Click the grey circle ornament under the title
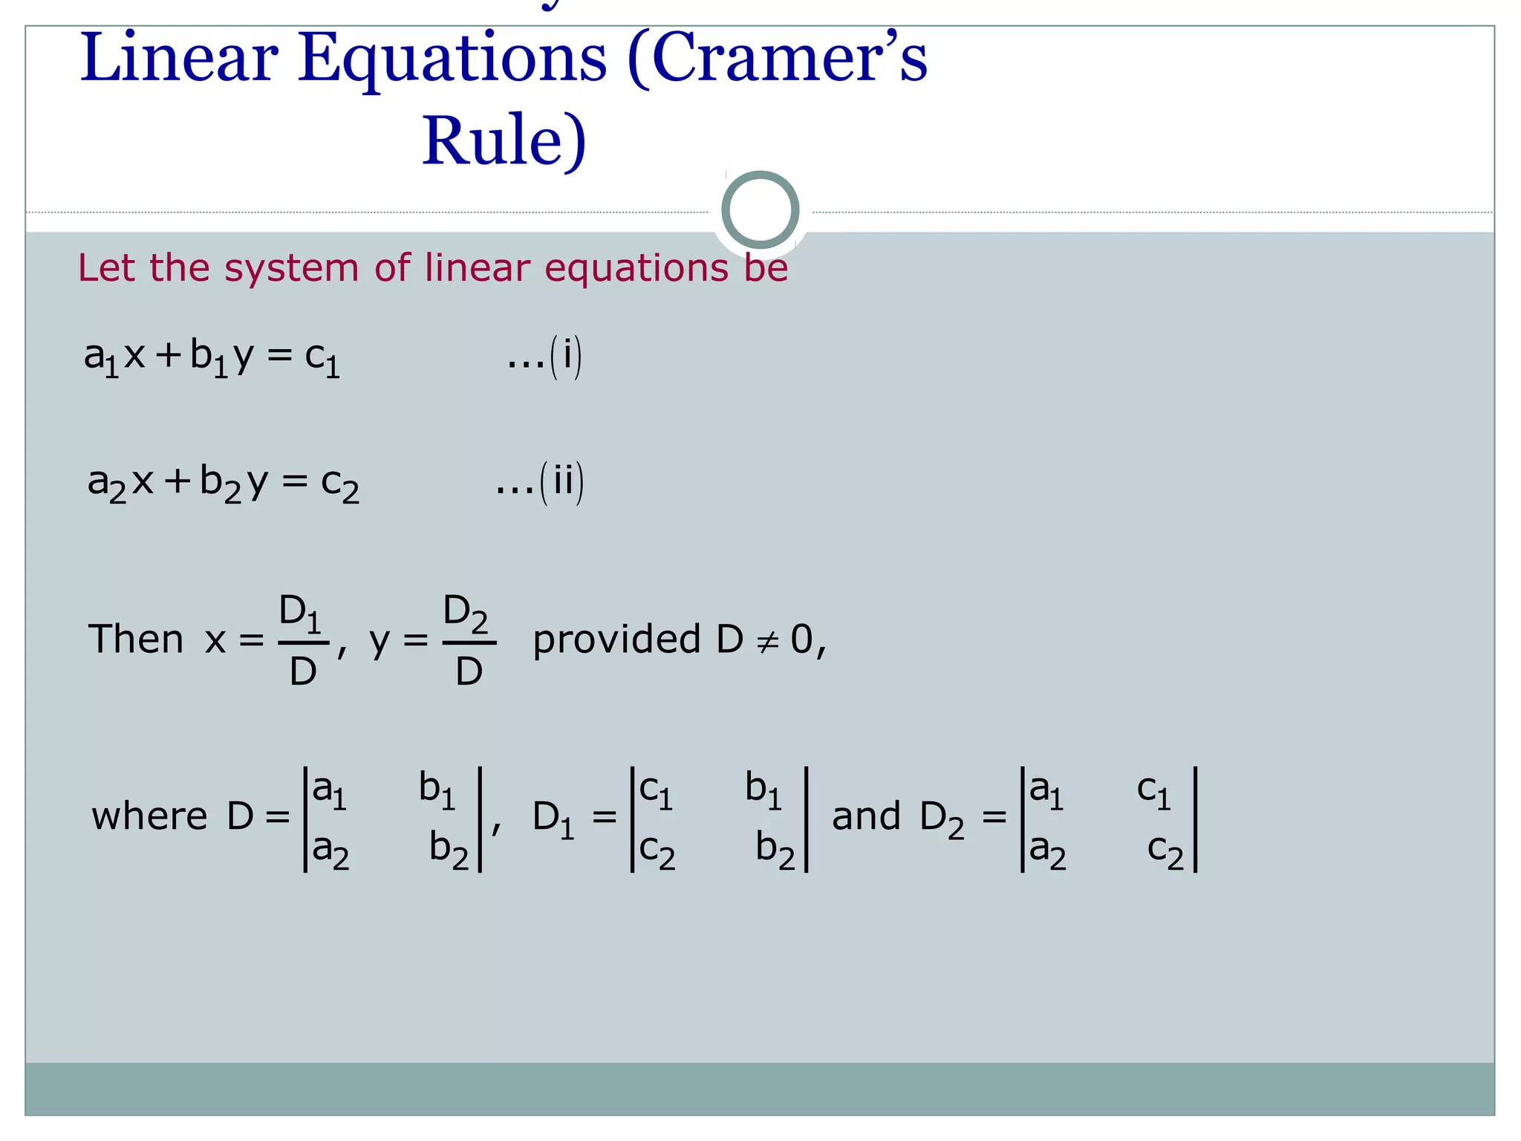760,209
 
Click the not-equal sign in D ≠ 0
767,641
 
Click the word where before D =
149,816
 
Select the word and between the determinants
866,816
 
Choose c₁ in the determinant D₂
1154,790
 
